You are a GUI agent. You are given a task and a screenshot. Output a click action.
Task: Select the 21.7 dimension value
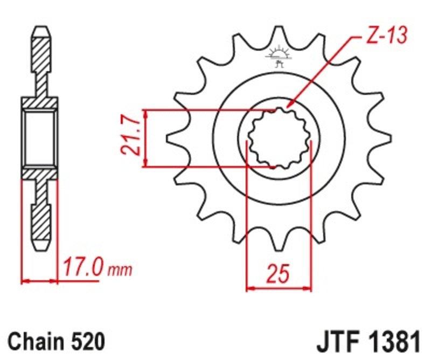[131, 139]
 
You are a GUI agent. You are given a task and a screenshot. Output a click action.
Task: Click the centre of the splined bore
[279, 139]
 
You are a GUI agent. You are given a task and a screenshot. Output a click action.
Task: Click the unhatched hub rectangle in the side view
[39, 138]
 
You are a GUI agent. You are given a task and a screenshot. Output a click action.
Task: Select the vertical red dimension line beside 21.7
[145, 139]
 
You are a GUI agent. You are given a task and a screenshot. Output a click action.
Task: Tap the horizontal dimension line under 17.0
[39, 280]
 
